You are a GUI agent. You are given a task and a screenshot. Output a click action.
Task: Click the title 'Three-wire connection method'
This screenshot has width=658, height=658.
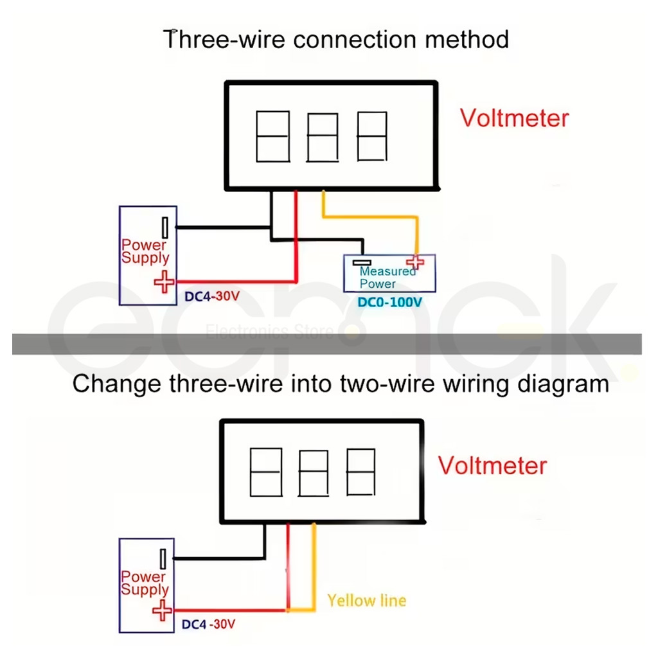point(336,39)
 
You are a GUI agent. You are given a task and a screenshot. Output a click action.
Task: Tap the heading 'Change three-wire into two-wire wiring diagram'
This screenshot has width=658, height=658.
point(341,384)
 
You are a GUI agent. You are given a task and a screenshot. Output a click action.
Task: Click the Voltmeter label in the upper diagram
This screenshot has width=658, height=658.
point(515,118)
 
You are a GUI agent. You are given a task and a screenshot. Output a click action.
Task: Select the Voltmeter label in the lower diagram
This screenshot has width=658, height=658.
point(493,465)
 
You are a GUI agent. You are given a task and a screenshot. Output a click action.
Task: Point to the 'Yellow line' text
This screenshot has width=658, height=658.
point(367,601)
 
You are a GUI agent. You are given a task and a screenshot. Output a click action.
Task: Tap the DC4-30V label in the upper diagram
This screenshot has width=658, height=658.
point(213,297)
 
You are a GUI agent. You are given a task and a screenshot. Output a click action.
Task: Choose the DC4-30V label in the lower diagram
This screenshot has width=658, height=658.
point(209,624)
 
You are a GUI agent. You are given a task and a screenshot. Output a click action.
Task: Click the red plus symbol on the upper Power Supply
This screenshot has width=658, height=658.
point(164,281)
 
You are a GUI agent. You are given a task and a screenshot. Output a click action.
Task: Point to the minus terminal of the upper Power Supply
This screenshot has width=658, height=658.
point(165,227)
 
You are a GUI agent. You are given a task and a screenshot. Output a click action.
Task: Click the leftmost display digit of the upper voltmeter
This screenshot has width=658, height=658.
point(272,136)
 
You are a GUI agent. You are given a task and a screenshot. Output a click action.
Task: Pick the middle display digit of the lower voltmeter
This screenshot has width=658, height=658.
point(314,474)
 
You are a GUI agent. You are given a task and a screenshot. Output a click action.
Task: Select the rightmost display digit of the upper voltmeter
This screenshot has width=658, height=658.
point(372,136)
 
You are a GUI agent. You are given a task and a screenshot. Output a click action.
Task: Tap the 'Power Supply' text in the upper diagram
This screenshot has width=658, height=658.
point(145,251)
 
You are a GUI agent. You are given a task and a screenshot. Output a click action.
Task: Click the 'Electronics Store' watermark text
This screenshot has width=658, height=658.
point(269,332)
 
